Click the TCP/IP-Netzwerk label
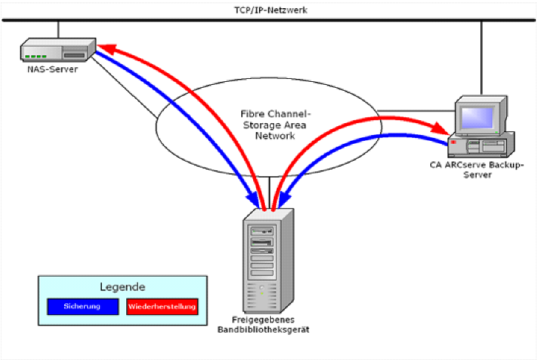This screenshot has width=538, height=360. pos(270,10)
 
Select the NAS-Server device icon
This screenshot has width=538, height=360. pos(57,52)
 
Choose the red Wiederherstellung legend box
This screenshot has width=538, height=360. pos(162,305)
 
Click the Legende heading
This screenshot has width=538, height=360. pos(123,287)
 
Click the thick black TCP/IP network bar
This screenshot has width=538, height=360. pos(269,20)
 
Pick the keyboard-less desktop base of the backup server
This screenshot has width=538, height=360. pos(482,145)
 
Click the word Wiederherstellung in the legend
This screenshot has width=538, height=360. pos(162,305)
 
